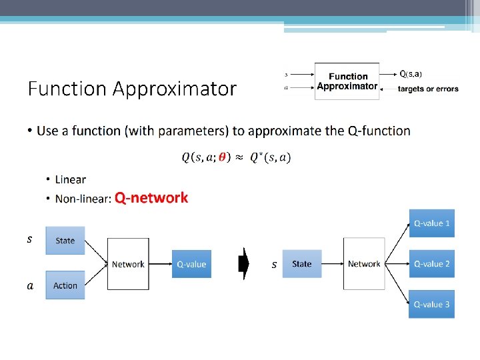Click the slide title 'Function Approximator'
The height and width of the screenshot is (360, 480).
[132, 89]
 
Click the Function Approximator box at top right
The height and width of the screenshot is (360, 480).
[347, 81]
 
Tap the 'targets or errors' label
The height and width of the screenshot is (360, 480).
[428, 89]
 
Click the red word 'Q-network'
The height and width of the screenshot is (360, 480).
[151, 198]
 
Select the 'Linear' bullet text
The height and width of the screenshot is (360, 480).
[71, 179]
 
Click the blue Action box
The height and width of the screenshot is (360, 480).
[65, 285]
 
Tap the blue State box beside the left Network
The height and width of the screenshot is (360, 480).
[65, 241]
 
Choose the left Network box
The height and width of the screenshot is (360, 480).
[128, 264]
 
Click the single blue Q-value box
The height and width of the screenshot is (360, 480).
[191, 264]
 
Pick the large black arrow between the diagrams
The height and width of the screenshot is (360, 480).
[244, 264]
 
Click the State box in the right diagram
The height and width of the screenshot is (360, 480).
[302, 264]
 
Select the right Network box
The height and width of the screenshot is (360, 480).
[364, 264]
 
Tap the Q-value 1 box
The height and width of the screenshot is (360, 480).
[431, 223]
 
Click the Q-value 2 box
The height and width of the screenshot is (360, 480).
[431, 264]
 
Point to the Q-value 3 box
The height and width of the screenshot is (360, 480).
[431, 305]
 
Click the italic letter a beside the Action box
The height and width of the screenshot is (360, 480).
[29, 286]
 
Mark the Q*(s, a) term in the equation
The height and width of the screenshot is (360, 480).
[271, 157]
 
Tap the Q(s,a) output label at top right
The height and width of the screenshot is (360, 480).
[410, 73]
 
